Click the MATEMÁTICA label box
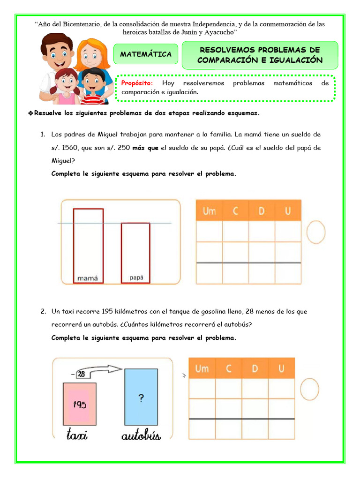click(146, 54)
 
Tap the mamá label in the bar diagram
click(88, 278)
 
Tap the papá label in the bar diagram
click(136, 277)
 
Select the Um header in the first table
click(209, 211)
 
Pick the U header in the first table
click(287, 211)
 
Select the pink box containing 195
click(79, 404)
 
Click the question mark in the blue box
click(141, 398)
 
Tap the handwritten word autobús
click(141, 435)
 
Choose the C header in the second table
click(229, 368)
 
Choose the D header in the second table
click(255, 368)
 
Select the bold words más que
click(145, 148)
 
